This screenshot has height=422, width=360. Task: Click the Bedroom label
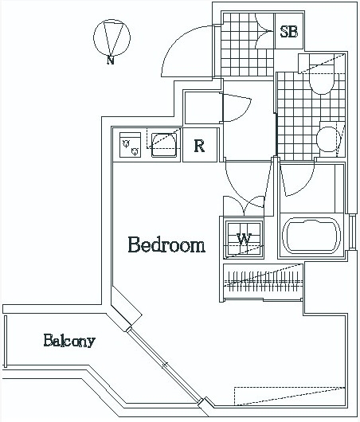[166, 244]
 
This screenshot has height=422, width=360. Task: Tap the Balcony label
[69, 341]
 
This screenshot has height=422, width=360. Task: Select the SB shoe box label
[289, 31]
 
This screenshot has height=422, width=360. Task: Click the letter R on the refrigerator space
[199, 147]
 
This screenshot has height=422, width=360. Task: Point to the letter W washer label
[244, 239]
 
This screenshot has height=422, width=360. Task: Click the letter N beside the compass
[111, 60]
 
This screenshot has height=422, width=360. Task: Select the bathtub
[311, 236]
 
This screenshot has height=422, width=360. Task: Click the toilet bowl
[322, 79]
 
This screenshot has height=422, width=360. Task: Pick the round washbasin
[328, 139]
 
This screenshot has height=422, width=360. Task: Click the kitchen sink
[164, 145]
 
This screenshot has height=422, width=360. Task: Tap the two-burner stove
[130, 145]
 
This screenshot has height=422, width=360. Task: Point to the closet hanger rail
[264, 281]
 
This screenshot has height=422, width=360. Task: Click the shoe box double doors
[264, 31]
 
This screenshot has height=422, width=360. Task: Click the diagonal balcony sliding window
[164, 365]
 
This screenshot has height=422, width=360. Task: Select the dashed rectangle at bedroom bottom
[289, 396]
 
